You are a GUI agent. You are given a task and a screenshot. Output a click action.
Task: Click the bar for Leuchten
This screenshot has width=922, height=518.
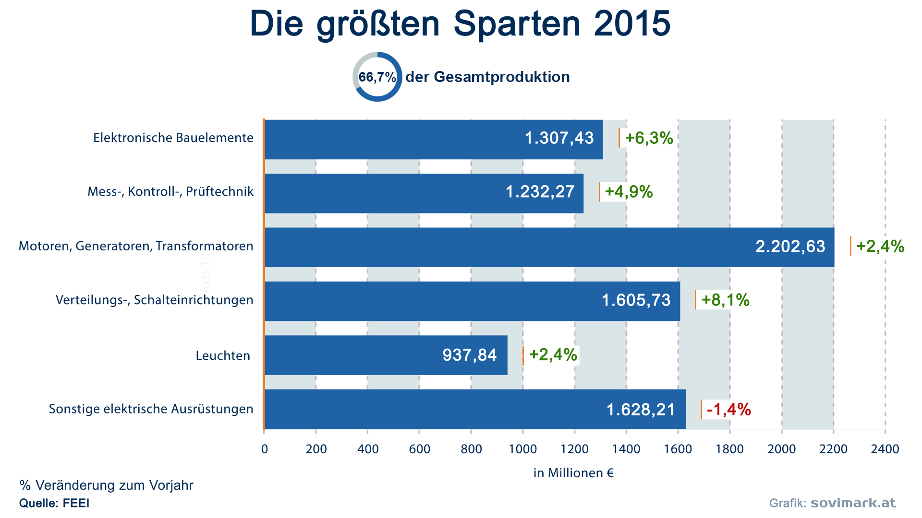386,355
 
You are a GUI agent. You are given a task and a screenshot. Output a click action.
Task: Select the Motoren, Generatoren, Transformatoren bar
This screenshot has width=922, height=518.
549,247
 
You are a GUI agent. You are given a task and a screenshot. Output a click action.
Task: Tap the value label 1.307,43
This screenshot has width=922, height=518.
559,138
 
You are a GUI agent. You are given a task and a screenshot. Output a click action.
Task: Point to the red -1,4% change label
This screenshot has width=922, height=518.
728,409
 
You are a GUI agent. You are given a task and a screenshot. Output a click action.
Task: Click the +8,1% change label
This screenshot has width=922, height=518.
725,300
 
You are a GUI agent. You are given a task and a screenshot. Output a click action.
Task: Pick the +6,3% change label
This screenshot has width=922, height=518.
649,138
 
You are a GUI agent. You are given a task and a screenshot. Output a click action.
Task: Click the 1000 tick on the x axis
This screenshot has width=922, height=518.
523,449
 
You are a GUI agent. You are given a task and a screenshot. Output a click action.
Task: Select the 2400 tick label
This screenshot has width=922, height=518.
885,449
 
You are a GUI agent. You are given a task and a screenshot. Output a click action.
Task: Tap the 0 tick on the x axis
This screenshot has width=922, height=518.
265,449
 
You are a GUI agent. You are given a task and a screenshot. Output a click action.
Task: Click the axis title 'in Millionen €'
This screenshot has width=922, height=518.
573,473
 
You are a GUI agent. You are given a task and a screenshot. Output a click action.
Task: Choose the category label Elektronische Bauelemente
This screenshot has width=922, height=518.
173,138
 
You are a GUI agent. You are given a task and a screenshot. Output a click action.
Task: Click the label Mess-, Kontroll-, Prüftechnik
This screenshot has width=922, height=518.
170,191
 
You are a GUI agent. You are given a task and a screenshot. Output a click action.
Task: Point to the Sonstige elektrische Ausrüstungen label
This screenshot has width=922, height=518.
151,409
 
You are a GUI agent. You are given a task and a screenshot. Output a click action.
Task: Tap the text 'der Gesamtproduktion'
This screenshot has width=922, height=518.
487,77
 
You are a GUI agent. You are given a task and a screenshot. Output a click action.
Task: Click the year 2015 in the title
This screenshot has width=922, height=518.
632,23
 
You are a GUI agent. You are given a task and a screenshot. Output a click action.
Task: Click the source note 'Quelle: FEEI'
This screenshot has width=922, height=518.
54,503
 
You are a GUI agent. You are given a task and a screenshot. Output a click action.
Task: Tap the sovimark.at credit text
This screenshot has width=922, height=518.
853,503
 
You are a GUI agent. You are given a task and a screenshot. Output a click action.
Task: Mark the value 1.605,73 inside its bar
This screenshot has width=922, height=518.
636,300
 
